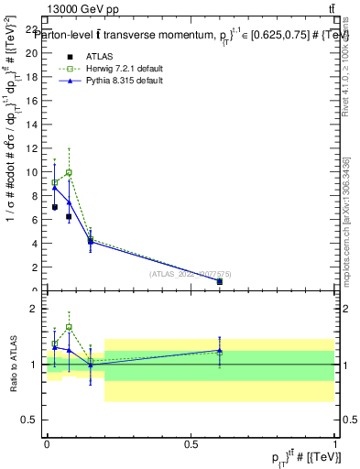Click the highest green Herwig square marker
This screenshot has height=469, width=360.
coord(69,172)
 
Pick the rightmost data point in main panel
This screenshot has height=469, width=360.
coord(219,282)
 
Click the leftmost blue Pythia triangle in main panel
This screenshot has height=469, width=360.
coord(55,187)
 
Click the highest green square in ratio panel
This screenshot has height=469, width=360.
coord(69,327)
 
